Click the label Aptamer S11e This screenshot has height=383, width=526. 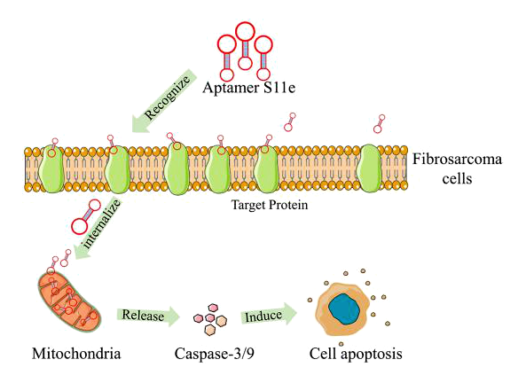click(x=249, y=88)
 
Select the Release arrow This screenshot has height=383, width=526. click(x=148, y=316)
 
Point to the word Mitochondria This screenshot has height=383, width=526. click(x=76, y=354)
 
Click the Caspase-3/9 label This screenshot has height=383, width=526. click(x=215, y=354)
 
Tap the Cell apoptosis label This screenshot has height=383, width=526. click(x=356, y=354)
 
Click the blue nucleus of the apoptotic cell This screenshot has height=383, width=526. click(x=344, y=309)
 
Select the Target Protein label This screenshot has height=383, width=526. click(x=270, y=205)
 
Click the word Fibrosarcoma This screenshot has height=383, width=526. click(x=457, y=159)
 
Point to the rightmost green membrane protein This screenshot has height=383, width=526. click(x=370, y=168)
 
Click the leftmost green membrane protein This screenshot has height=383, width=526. click(x=51, y=168)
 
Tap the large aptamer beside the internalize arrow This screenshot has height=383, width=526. click(x=86, y=216)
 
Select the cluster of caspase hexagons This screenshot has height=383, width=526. click(x=210, y=319)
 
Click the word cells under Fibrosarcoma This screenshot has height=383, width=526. click(x=457, y=178)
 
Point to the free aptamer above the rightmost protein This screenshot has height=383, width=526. click(x=380, y=124)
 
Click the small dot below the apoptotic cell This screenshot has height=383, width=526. click(x=342, y=344)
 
